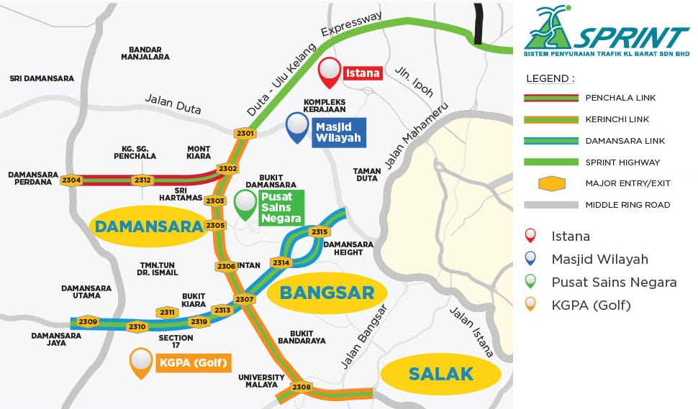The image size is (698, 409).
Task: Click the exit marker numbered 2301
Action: coord(245,133)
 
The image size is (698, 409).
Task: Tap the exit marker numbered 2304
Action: coord(71,180)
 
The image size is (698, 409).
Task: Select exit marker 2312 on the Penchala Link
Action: coord(142,180)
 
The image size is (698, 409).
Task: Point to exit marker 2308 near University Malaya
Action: coord(302,387)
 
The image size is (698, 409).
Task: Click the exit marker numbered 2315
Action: coord(319,231)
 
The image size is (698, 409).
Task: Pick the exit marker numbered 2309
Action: coord(88,321)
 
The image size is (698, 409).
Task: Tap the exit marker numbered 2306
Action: coord(226,266)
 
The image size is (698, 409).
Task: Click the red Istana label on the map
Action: coord(362,73)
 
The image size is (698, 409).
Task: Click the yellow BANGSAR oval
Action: coord(327,293)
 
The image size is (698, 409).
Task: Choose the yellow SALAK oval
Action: coord(440,374)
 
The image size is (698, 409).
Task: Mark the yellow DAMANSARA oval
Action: coord(147,226)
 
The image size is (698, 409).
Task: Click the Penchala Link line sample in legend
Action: coord(551,97)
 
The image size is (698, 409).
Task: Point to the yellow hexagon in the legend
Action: coord(551,183)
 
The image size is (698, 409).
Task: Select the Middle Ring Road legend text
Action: coord(627,205)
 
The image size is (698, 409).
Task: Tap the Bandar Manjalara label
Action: coord(145,52)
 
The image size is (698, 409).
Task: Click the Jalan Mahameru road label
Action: coord(416,135)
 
